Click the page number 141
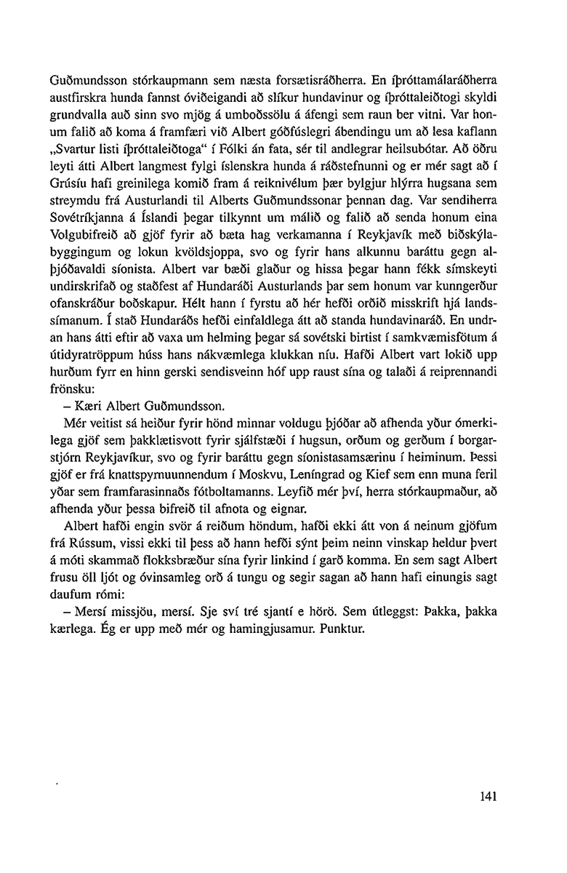click(488, 796)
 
